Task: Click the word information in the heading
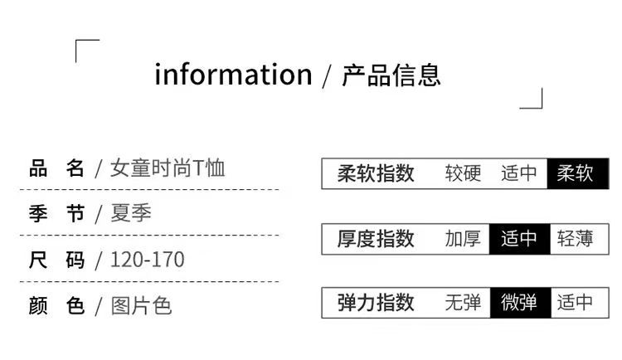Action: coord(233,74)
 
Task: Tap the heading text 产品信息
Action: coord(391,74)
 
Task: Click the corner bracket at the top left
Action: coord(86,50)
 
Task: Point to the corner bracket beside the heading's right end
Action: coord(532,99)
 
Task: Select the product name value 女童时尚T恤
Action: coord(168,168)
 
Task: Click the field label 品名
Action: coord(57,168)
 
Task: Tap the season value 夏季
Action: coord(131,214)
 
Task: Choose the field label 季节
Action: coord(57,214)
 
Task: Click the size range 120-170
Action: coord(148,260)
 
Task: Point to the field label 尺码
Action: coord(57,260)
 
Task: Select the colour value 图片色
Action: coord(142,305)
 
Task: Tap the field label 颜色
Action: coord(57,305)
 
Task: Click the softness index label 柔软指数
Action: coord(376,173)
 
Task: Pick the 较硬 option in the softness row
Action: coord(463,173)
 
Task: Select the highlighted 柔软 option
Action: coord(576,173)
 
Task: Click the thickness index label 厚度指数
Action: coord(376,239)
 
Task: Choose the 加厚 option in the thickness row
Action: coord(463,239)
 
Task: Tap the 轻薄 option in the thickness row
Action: coord(576,239)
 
